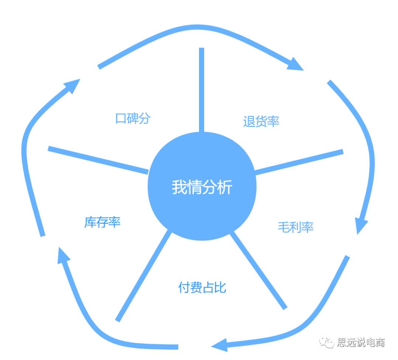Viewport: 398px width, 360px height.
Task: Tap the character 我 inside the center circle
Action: coord(179,187)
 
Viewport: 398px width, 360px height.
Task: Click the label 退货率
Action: coord(261,121)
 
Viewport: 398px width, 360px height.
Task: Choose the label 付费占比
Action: coord(202,287)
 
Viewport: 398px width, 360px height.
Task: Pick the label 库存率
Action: coord(102,222)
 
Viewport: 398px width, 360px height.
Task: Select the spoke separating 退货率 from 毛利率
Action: coord(298,162)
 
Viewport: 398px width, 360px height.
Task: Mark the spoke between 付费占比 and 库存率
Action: coord(144,275)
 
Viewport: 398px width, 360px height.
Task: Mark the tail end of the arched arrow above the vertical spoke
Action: coord(99,67)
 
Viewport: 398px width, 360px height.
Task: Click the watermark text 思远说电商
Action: coord(361,342)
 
